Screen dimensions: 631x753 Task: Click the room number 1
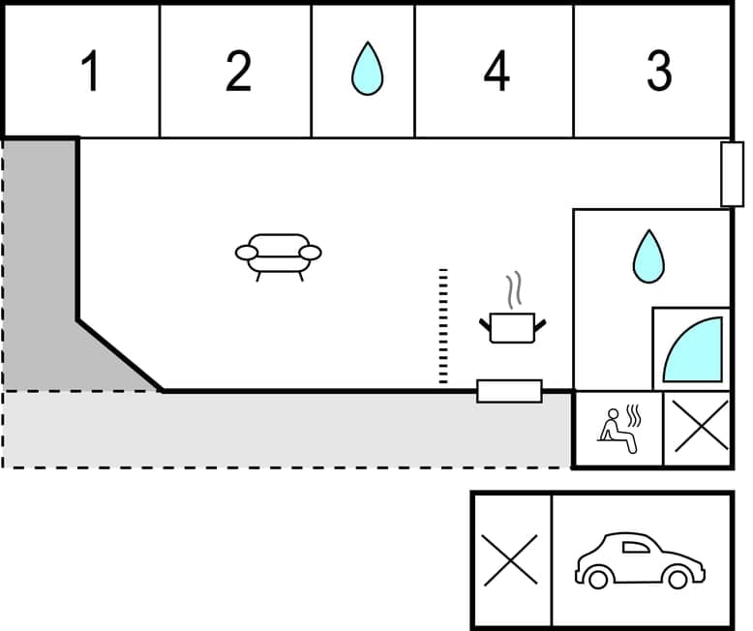91,72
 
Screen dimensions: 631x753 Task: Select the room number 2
238,72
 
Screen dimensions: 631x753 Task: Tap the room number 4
496,72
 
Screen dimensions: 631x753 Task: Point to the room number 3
659,72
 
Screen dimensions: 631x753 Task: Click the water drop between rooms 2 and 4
366,70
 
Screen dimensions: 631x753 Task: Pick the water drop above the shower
648,256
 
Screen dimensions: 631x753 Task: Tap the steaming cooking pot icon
514,325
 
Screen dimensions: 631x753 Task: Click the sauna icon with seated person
617,429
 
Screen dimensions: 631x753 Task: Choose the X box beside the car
510,560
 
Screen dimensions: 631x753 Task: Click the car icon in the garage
639,560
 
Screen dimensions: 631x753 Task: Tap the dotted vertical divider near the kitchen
443,327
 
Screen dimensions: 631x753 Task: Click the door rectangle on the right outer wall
733,174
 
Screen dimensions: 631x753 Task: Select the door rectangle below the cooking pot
509,391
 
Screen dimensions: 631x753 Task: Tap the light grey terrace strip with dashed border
290,430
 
